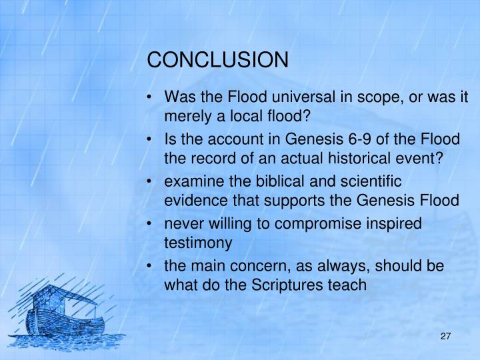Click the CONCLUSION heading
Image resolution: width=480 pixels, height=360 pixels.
pos(218,60)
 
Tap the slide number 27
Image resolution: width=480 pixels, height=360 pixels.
pos(447,337)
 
